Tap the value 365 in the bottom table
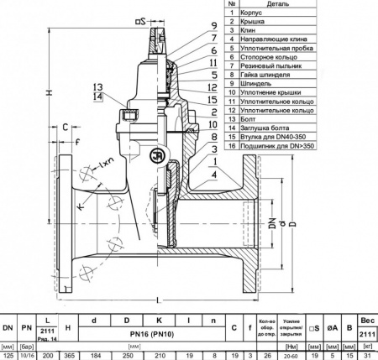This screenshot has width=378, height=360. pyautogui.click(x=71, y=356)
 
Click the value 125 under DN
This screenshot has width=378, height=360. pyautogui.click(x=8, y=356)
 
